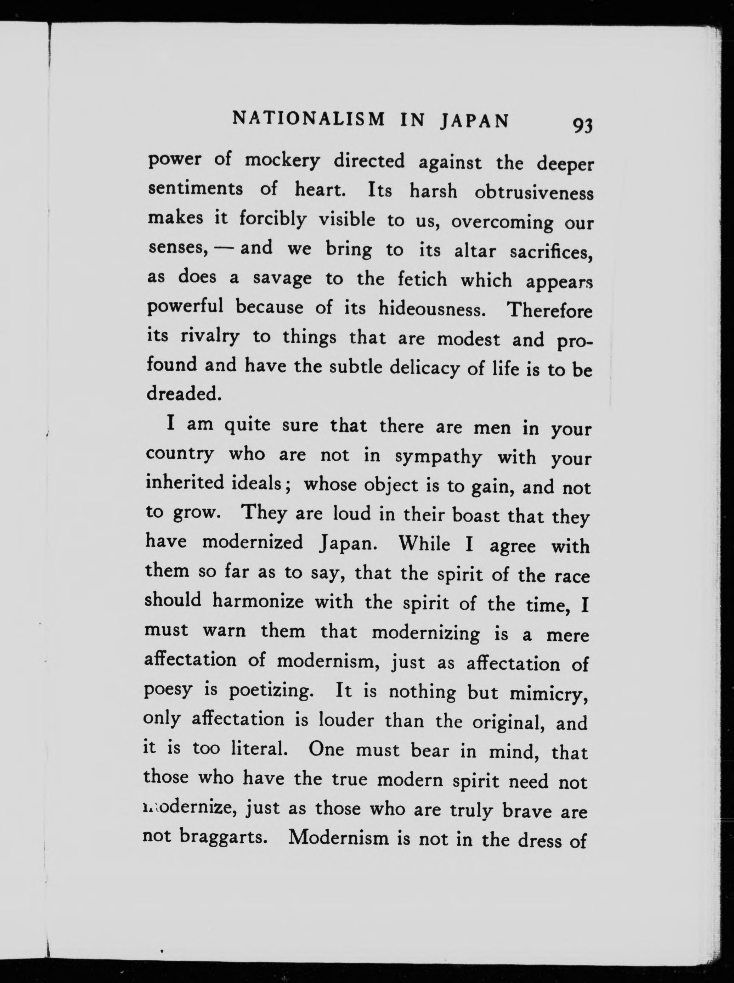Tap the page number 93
point(582,126)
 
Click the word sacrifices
point(551,252)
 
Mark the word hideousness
point(431,308)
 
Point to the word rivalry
point(210,336)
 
